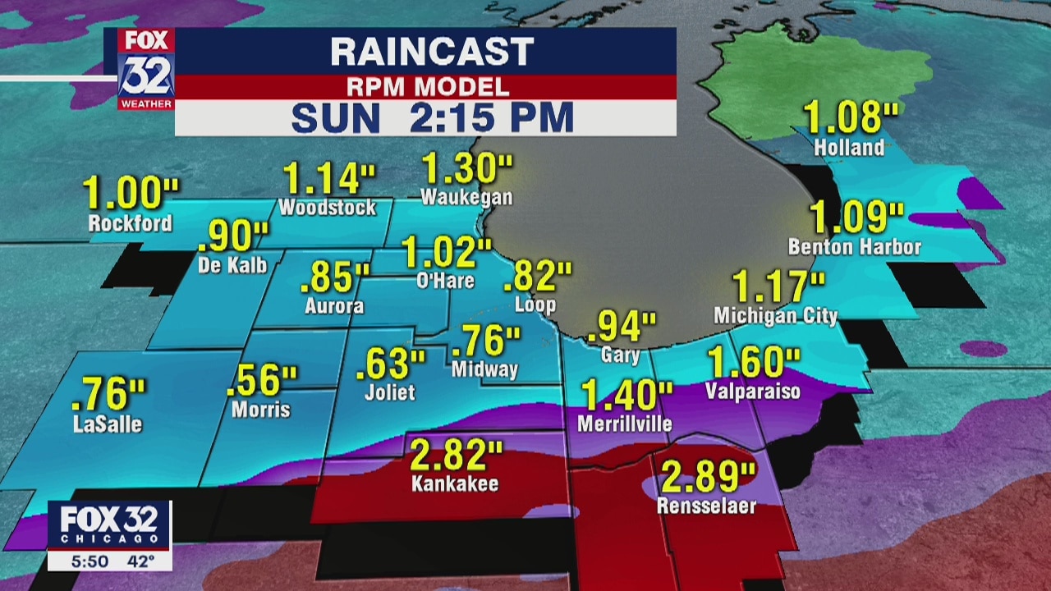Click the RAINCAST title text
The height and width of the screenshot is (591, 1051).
[x=431, y=53]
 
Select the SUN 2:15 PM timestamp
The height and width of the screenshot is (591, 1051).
[x=431, y=117]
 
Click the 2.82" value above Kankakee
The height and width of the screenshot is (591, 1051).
[x=456, y=453]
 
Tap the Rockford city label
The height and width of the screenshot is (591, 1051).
[x=131, y=222]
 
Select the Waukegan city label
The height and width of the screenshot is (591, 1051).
[x=466, y=197]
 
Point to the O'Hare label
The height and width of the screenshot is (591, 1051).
[x=445, y=281]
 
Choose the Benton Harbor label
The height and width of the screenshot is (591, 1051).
[x=854, y=246]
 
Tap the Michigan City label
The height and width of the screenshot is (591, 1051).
[x=775, y=316]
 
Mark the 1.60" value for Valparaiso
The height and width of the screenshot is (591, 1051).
[x=753, y=362]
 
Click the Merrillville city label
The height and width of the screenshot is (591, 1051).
[x=625, y=424]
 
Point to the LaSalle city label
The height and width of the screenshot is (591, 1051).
[x=107, y=424]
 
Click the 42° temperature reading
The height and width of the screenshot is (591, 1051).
[x=140, y=561]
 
